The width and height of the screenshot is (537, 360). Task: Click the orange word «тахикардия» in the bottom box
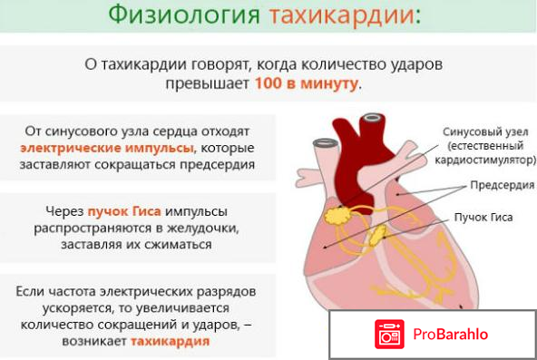[170, 342]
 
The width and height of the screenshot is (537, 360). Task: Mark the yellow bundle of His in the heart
[377, 236]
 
